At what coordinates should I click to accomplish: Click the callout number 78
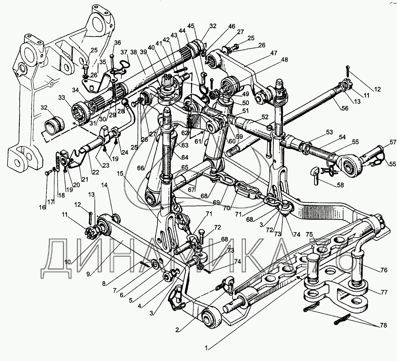click(383, 325)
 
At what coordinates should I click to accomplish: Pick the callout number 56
click(345, 108)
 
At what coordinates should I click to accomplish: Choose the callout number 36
click(117, 43)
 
